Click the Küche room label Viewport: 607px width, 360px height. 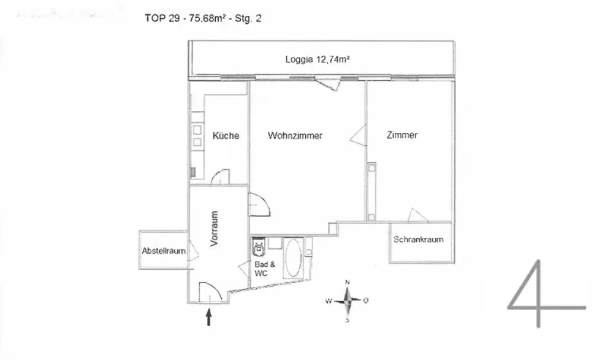226,136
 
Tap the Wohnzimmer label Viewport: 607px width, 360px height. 295,136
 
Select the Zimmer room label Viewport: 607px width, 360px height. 402,135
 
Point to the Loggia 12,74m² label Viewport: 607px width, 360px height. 317,59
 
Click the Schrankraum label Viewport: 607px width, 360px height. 418,240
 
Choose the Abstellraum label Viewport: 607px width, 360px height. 164,251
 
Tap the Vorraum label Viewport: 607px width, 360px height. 215,228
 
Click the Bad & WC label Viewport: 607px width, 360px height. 264,269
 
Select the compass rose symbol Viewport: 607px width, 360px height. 347,301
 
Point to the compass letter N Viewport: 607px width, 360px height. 348,282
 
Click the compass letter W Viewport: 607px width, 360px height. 328,301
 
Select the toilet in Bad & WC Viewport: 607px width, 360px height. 258,247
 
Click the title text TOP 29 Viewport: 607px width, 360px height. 161,18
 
